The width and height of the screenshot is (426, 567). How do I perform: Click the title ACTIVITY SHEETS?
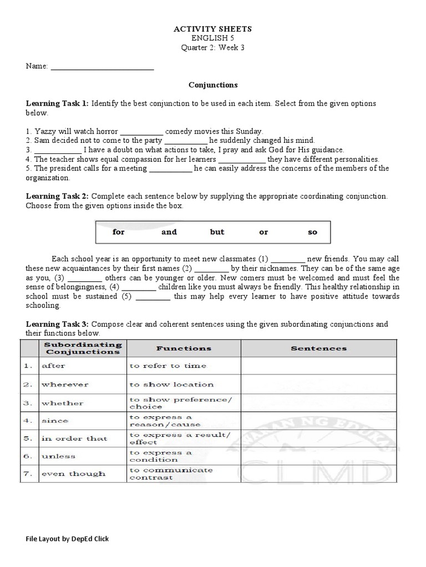pos(213,29)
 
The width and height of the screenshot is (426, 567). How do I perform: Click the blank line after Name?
pos(102,67)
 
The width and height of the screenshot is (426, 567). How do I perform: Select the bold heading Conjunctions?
pos(213,85)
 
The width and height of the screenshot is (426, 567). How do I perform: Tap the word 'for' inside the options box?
pos(119,232)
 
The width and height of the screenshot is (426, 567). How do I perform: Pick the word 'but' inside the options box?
pos(217,232)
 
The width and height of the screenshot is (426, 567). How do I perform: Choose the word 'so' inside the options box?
pos(312,232)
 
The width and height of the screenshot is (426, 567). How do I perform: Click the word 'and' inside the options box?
pos(169,232)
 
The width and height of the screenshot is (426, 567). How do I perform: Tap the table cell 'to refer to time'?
pos(168,366)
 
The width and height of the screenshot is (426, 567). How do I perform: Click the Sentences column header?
pos(318,348)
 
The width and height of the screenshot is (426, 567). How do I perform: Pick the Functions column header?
pos(184,348)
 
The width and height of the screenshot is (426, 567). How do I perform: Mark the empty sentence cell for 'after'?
pos(318,366)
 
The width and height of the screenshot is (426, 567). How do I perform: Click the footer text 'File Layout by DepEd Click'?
pos(67,539)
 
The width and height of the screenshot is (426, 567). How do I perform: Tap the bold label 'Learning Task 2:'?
pos(57,197)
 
